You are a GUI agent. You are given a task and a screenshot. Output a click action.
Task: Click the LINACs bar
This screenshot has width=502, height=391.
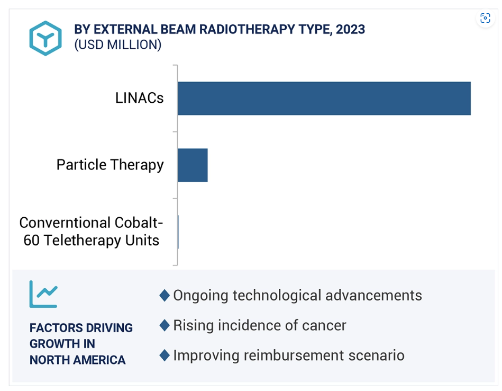tap(324, 99)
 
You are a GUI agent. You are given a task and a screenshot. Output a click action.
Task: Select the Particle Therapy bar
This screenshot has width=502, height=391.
tap(193, 165)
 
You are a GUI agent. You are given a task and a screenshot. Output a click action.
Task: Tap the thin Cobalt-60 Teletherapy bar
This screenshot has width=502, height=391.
tap(178, 232)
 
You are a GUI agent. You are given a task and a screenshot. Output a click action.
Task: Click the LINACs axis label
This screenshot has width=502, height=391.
tap(139, 98)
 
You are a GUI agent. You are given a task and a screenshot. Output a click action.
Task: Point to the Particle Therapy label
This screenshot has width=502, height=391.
tap(110, 165)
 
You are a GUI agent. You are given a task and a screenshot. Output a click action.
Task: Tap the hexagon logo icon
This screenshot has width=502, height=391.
tap(45, 38)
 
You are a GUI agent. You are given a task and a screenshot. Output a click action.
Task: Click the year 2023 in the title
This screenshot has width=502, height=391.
tap(350, 30)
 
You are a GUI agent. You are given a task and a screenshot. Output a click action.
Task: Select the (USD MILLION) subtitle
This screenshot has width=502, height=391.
tap(118, 45)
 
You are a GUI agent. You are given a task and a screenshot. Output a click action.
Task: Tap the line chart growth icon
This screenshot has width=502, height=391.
tap(43, 294)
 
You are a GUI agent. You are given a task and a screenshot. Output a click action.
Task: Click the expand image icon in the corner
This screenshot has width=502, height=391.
tap(486, 18)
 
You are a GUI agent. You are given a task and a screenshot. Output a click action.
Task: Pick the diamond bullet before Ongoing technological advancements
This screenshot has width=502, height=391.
tap(165, 296)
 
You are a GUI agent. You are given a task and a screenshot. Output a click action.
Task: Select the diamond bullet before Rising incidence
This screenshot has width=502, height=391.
tap(165, 325)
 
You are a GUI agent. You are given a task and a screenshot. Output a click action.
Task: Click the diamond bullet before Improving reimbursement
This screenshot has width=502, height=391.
tap(165, 356)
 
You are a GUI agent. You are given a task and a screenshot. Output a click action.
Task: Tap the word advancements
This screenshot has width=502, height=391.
tap(373, 296)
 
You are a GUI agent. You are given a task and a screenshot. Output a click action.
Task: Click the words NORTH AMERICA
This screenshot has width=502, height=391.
tap(77, 360)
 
